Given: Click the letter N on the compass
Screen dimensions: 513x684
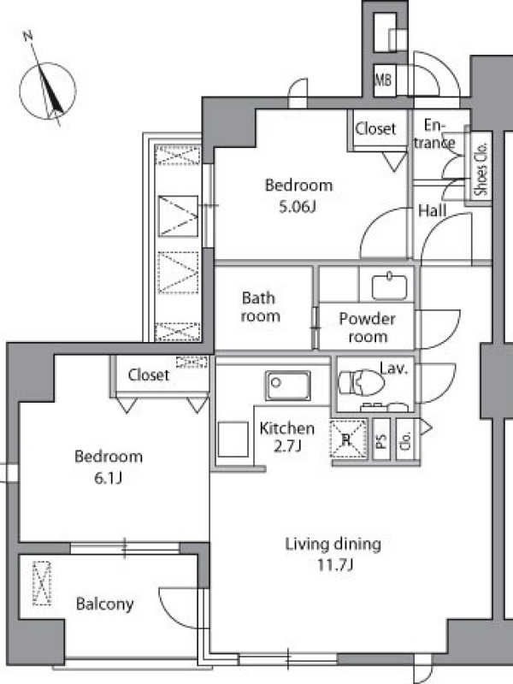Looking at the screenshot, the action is pyautogui.click(x=28, y=36).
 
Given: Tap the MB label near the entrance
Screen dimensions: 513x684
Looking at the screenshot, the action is pyautogui.click(x=383, y=80).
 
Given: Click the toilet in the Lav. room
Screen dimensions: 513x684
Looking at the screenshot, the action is pyautogui.click(x=362, y=382).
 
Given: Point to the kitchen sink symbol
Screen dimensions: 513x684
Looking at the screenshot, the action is pyautogui.click(x=288, y=386).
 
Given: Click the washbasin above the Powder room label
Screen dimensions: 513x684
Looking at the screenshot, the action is pyautogui.click(x=390, y=286).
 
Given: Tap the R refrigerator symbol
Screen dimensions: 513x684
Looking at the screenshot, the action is pyautogui.click(x=348, y=439).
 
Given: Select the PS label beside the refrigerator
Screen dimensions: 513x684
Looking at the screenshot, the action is pyautogui.click(x=381, y=439).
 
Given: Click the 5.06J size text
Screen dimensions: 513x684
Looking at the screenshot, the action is pyautogui.click(x=297, y=206).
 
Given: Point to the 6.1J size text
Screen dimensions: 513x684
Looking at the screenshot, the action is pyautogui.click(x=108, y=479).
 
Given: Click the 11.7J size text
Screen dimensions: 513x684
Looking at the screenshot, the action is pyautogui.click(x=334, y=565).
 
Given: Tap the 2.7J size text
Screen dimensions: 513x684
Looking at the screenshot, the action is pyautogui.click(x=287, y=445).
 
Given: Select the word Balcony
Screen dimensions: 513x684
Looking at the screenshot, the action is pyautogui.click(x=104, y=604).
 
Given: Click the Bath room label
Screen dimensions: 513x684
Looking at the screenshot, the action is pyautogui.click(x=260, y=307).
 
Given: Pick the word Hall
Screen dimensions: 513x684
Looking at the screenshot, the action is pyautogui.click(x=433, y=210).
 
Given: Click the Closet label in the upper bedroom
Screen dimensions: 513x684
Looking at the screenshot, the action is pyautogui.click(x=375, y=129).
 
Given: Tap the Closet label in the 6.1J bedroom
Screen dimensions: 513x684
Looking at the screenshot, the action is pyautogui.click(x=148, y=374).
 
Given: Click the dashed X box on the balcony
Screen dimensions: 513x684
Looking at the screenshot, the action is pyautogui.click(x=42, y=583).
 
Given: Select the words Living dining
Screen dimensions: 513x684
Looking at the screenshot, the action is pyautogui.click(x=333, y=545).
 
